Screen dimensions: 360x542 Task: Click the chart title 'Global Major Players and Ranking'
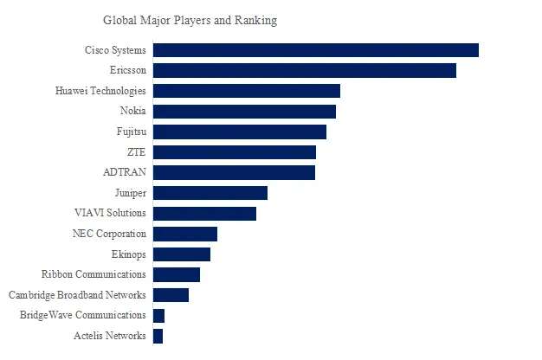(x=190, y=20)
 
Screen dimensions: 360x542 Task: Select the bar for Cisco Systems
(x=315, y=50)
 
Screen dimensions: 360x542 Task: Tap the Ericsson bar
(x=304, y=70)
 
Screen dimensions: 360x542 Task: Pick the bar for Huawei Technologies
(x=246, y=91)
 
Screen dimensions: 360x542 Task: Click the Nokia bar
(x=244, y=111)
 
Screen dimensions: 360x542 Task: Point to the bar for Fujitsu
(x=240, y=132)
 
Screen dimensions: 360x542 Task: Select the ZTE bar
(x=234, y=152)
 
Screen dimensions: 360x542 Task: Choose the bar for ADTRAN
(x=234, y=172)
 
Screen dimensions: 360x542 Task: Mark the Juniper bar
(x=210, y=193)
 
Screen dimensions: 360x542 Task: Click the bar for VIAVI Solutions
(x=204, y=213)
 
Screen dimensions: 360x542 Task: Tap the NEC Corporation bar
(x=184, y=234)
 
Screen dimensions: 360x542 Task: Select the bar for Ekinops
(x=181, y=254)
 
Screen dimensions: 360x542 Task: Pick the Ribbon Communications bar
(x=176, y=274)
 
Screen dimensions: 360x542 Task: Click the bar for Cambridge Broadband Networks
(x=171, y=295)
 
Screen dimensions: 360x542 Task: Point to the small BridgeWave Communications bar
(x=158, y=315)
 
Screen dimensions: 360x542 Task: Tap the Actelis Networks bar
(x=158, y=336)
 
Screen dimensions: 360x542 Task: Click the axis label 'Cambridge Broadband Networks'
(x=77, y=295)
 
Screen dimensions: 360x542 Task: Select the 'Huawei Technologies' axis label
(x=100, y=91)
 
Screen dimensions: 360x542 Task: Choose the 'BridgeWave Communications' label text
(x=83, y=315)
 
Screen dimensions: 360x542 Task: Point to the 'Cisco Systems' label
(x=115, y=50)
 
